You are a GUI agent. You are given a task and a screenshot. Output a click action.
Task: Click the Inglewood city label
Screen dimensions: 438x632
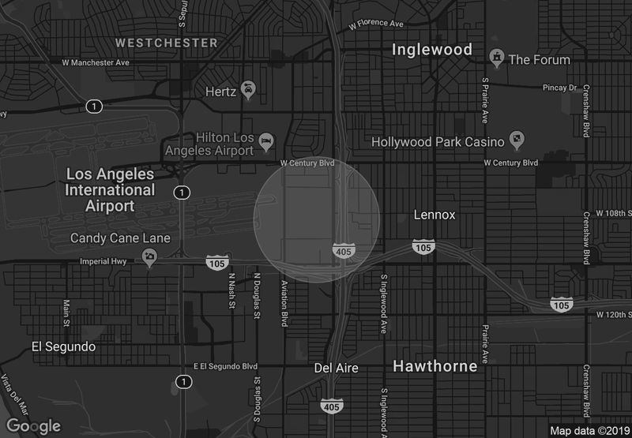tap(432, 50)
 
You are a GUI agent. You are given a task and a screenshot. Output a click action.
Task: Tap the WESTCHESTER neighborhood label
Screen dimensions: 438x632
tap(166, 42)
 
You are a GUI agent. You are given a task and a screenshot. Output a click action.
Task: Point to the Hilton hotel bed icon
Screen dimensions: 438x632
tap(267, 142)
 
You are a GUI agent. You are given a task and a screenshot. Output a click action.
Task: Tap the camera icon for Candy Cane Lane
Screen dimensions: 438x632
tap(149, 256)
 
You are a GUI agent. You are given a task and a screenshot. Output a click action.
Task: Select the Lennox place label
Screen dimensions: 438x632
tap(434, 215)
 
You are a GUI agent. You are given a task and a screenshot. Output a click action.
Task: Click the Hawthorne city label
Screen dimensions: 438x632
tap(434, 366)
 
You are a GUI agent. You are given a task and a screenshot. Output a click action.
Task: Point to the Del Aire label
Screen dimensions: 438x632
tap(336, 368)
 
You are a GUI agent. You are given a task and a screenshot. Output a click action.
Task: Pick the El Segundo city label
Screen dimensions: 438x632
tap(63, 346)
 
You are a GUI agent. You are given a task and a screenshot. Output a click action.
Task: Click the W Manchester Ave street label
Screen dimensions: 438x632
tap(96, 62)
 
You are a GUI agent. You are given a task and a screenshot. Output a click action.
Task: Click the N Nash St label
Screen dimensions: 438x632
tap(232, 291)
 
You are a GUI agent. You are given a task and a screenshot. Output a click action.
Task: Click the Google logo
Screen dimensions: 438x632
tap(34, 427)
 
